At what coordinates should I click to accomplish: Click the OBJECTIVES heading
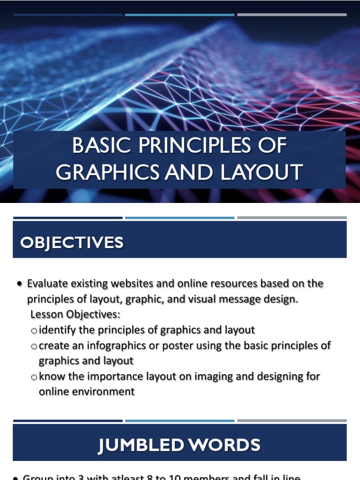[72, 243]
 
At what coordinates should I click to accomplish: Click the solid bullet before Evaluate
[19, 284]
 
